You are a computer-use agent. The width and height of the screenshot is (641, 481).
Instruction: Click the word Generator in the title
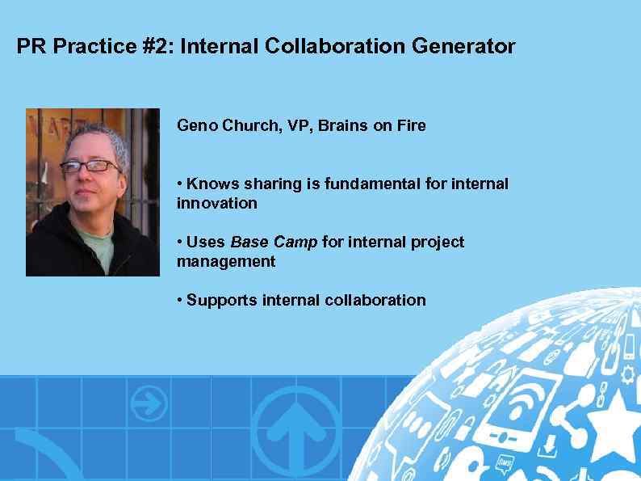[463, 47]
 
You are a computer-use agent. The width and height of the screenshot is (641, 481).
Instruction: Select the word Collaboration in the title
[335, 47]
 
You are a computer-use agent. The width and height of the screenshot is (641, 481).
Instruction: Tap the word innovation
[216, 204]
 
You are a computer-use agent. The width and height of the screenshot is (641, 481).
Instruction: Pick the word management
[226, 262]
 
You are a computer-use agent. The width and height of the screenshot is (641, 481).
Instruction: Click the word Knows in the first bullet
[210, 184]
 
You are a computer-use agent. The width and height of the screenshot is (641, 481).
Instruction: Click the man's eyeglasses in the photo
[90, 166]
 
